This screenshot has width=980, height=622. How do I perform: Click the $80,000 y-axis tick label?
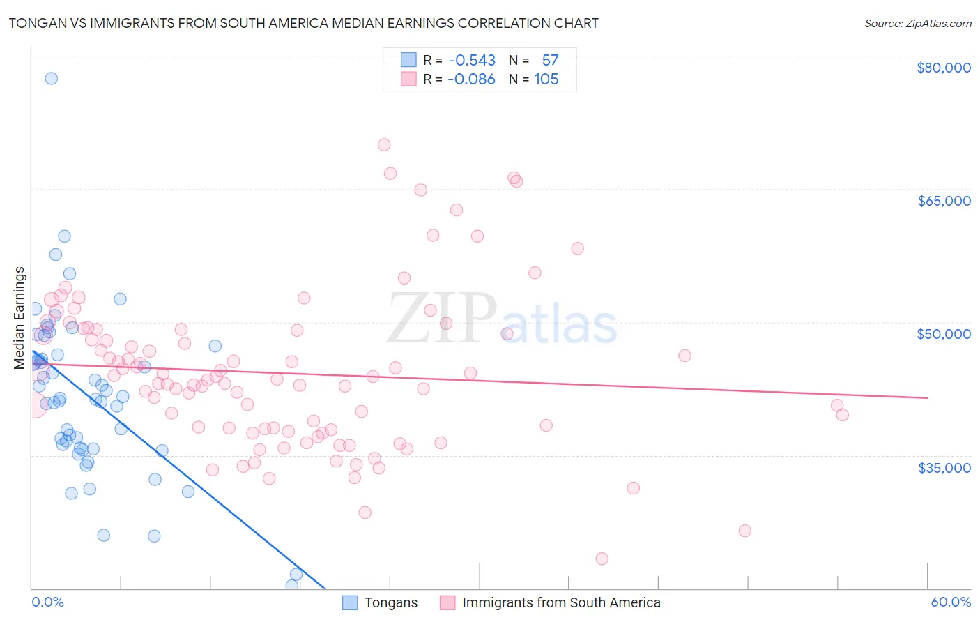click(944, 68)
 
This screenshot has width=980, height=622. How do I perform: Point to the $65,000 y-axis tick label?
click(944, 201)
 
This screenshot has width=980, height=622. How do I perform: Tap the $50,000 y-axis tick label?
click(944, 334)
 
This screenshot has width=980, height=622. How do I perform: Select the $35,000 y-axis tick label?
click(944, 467)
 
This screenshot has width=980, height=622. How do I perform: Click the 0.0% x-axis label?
click(47, 602)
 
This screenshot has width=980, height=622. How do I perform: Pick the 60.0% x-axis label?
click(951, 602)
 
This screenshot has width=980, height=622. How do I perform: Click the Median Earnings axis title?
click(20, 318)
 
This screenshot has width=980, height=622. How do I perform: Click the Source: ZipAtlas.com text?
click(917, 24)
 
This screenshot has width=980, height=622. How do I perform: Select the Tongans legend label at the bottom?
click(391, 602)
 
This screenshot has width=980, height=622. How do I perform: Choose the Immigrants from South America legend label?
click(561, 602)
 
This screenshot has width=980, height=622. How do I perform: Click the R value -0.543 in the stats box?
click(472, 60)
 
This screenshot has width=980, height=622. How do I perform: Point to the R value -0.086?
click(472, 79)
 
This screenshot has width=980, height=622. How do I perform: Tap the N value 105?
click(546, 79)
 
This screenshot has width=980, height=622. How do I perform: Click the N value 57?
click(550, 60)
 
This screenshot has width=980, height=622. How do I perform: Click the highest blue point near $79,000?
click(51, 78)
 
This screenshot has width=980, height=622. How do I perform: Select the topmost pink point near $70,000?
click(384, 145)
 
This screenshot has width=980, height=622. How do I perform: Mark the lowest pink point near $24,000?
click(602, 559)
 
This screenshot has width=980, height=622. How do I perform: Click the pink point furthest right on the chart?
click(842, 415)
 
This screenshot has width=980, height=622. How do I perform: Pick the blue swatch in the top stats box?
click(408, 60)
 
